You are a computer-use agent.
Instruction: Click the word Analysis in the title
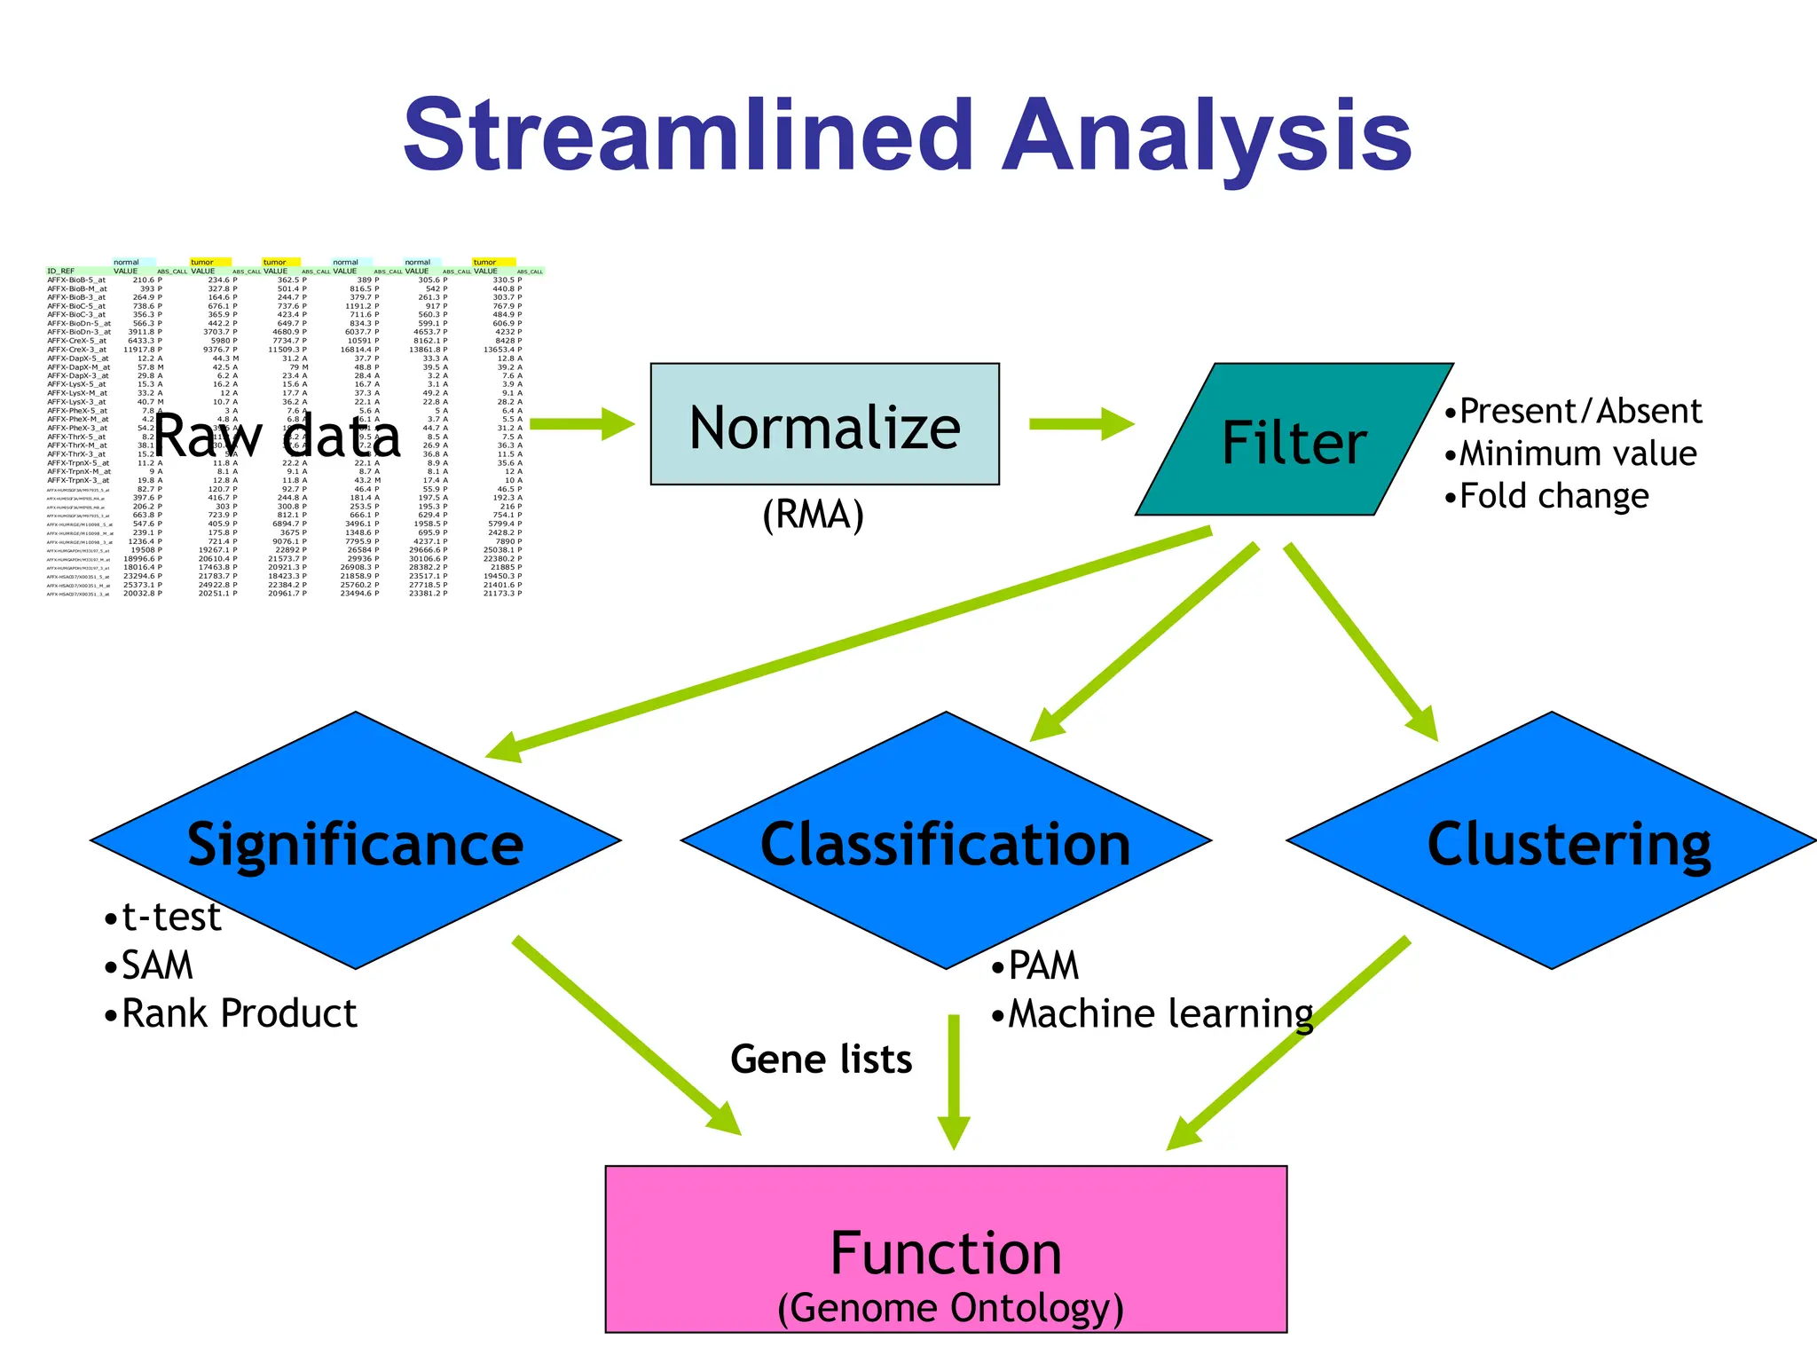[1207, 138]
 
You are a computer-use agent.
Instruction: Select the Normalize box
[824, 424]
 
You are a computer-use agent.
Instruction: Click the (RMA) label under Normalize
[813, 515]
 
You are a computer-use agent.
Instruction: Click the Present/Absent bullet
[1573, 412]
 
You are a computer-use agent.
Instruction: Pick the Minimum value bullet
[1570, 453]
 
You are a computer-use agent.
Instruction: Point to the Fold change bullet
[1546, 496]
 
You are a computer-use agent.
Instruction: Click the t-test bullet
[163, 918]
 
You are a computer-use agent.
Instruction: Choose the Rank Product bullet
[231, 1013]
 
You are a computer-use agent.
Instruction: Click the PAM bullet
[1035, 965]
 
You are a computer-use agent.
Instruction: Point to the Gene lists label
[821, 1059]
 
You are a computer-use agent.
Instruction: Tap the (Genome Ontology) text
[950, 1308]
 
